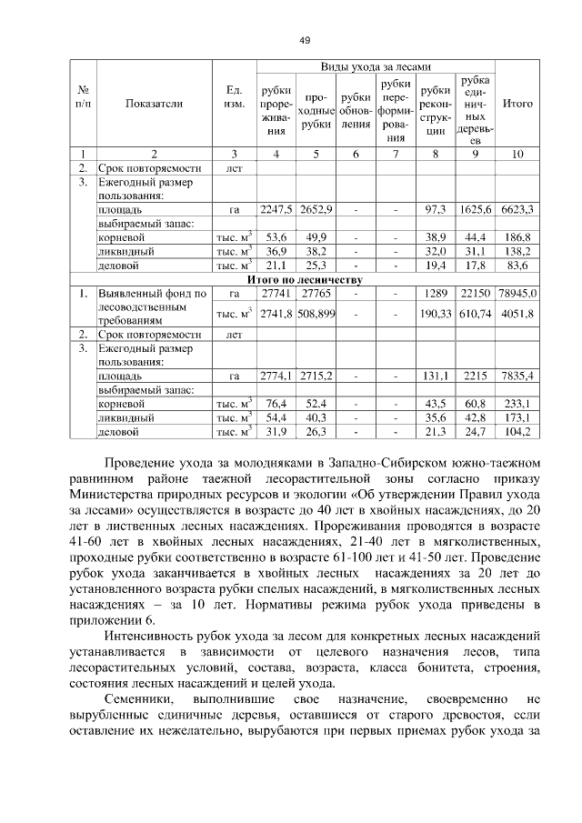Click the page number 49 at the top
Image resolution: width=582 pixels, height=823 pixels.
(x=305, y=39)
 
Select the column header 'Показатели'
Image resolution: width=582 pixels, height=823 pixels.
(x=154, y=104)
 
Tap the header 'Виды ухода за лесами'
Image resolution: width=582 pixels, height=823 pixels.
(x=375, y=68)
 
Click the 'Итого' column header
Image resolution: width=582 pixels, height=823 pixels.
(x=517, y=104)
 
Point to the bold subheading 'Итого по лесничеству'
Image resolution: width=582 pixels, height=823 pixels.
(x=305, y=279)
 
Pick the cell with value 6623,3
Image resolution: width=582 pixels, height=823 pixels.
(x=517, y=209)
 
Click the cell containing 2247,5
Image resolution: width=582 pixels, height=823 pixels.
(x=276, y=209)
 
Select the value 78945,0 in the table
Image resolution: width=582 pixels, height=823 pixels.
(x=518, y=294)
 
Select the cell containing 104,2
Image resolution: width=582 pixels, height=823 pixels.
(x=517, y=431)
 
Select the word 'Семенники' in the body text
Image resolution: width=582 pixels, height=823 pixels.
(x=139, y=700)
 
